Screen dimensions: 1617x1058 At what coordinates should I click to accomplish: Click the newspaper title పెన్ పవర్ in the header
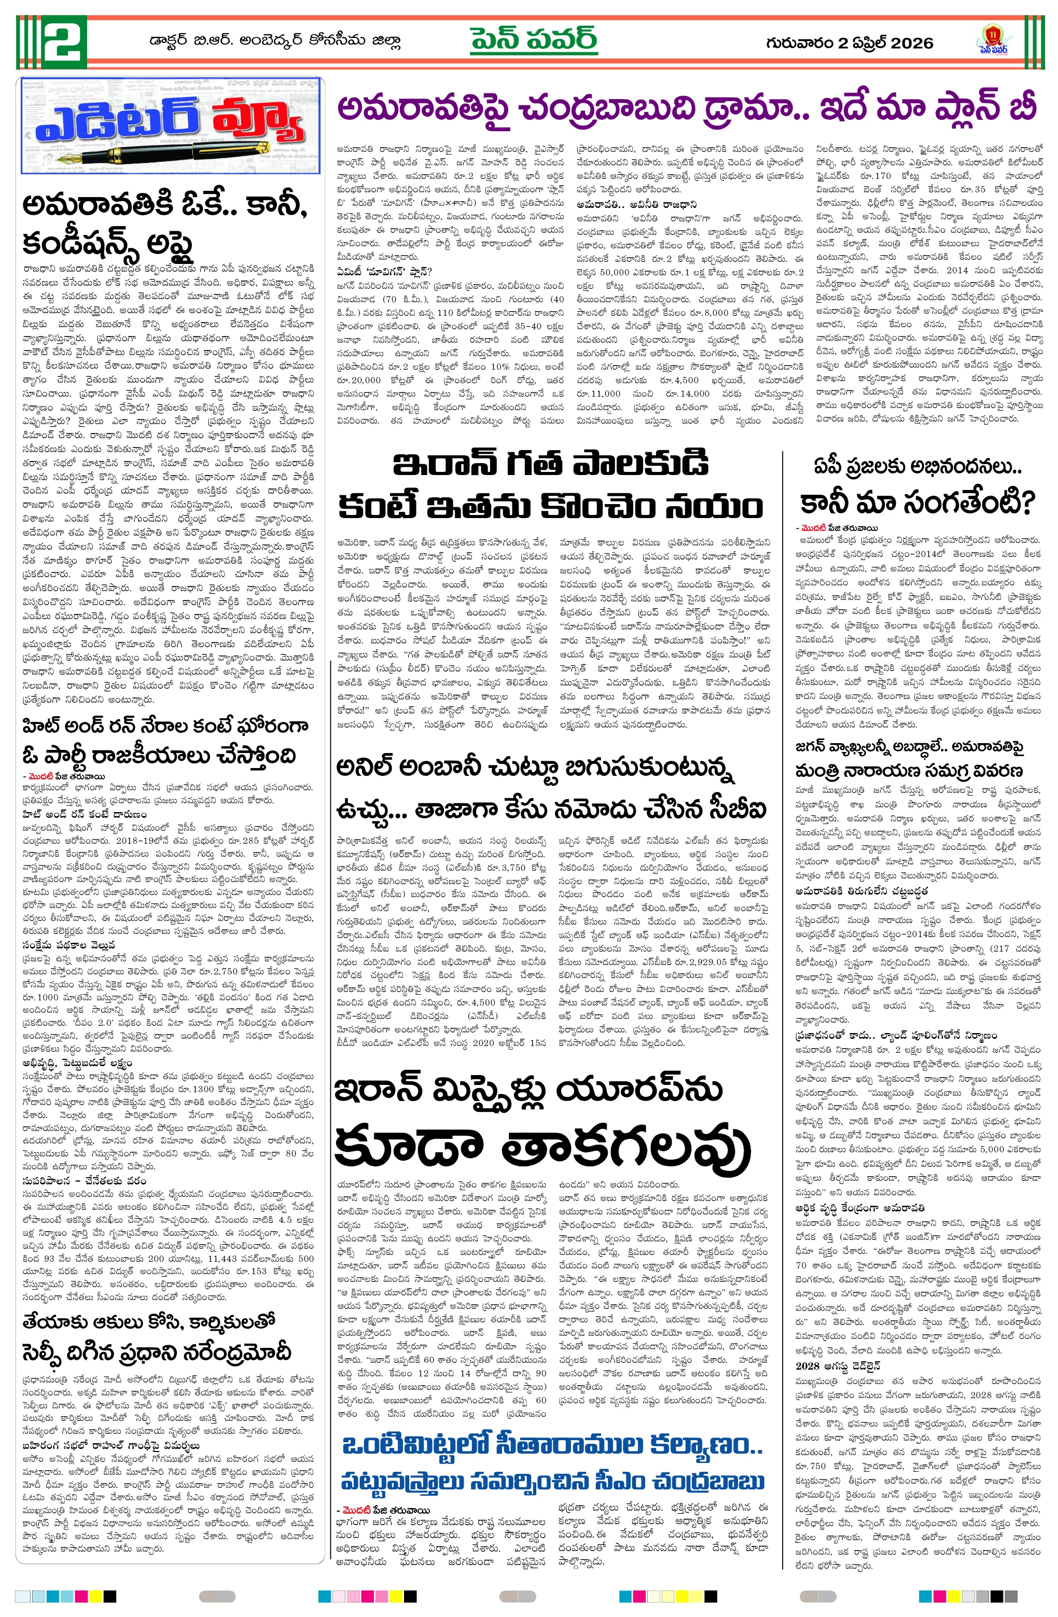(x=534, y=41)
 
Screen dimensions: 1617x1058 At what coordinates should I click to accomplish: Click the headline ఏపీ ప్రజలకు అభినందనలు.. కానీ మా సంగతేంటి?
(x=917, y=485)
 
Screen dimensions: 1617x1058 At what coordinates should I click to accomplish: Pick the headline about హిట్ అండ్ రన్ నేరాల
(x=164, y=741)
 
